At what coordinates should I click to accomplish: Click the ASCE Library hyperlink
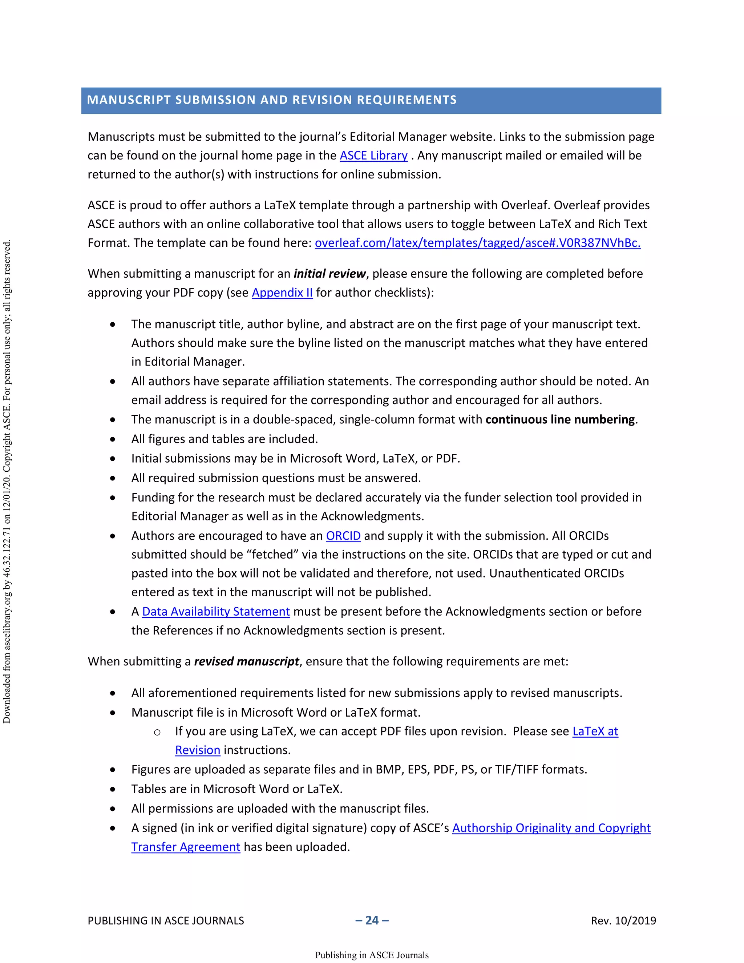point(373,156)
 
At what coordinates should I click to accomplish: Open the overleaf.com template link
point(477,243)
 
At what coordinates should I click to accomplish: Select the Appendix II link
point(282,293)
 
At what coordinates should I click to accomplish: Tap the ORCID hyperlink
point(343,536)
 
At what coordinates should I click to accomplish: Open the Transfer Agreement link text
point(186,847)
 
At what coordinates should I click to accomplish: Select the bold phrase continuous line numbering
point(560,419)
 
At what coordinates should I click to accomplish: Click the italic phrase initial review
point(330,274)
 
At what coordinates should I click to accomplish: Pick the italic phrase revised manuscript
point(246,661)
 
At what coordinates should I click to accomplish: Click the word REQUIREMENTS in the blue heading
point(407,100)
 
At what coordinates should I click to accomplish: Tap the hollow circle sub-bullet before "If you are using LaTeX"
point(157,732)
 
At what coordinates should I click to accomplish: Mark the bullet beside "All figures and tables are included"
point(113,439)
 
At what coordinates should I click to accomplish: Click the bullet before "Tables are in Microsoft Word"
point(113,789)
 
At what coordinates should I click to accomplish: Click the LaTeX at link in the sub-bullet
point(595,732)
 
